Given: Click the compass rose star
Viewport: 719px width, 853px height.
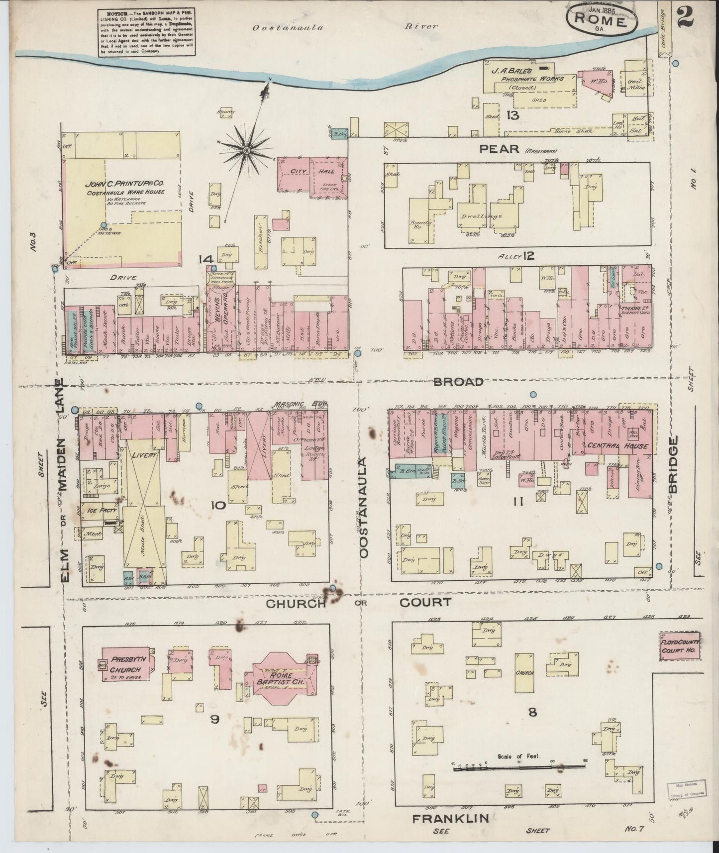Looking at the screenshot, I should (x=246, y=150).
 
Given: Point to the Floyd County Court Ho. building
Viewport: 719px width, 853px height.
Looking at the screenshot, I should (x=680, y=646).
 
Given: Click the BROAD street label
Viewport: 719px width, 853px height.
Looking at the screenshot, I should (x=458, y=382).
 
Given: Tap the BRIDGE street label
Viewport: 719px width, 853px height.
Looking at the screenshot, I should (x=673, y=465).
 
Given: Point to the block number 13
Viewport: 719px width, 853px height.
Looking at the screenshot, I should (x=513, y=115).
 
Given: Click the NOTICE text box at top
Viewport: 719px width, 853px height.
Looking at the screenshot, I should (x=146, y=31).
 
